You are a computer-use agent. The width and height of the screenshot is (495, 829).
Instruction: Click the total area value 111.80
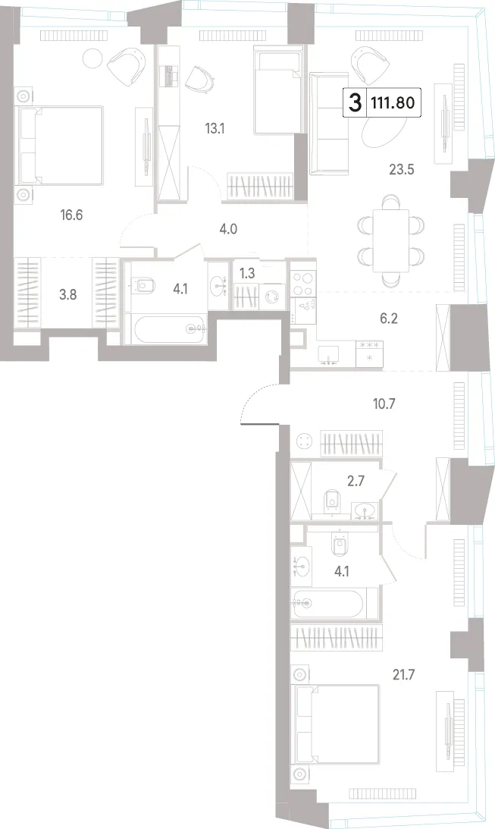tap(393, 102)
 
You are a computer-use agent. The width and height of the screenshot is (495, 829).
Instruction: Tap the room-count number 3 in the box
tap(356, 102)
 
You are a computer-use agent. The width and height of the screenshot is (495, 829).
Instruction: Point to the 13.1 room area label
tap(215, 128)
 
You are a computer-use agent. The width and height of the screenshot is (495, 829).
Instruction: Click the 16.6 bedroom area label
tap(72, 215)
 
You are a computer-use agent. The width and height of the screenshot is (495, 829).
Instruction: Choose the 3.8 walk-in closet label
tap(67, 294)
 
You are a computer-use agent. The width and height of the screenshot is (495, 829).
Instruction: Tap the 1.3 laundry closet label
tap(246, 274)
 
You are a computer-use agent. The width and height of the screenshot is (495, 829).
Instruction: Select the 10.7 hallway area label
tap(384, 404)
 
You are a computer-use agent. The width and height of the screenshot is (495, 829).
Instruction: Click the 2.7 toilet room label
tap(356, 481)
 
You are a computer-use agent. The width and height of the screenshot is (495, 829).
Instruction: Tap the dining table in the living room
tap(391, 240)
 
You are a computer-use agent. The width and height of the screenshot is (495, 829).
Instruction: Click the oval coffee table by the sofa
tap(384, 130)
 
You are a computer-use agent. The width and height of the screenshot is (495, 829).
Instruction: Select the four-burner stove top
tap(302, 283)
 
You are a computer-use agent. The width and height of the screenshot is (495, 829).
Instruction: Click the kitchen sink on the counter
tap(328, 354)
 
